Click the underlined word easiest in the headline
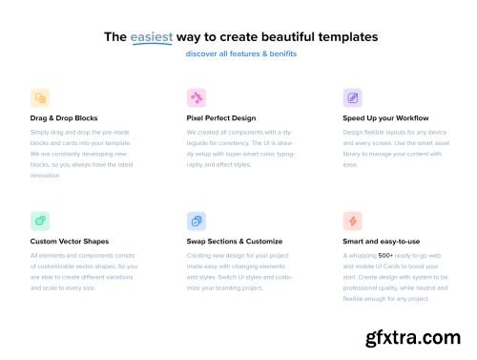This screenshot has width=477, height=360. point(153,37)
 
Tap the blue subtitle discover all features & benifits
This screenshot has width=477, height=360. point(240,53)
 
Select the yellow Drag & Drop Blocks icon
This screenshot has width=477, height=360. point(40,97)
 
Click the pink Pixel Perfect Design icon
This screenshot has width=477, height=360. point(197,97)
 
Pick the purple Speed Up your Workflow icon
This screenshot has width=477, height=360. point(352,97)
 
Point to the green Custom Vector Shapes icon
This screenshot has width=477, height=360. point(40,221)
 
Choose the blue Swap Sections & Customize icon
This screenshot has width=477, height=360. point(197,221)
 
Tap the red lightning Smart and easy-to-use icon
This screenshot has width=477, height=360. point(352,221)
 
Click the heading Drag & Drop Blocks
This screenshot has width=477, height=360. point(64,117)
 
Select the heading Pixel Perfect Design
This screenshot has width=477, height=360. point(222,117)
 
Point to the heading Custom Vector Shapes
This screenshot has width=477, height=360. point(69,242)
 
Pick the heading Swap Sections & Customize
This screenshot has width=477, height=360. point(235,242)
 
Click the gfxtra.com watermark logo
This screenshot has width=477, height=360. point(415,337)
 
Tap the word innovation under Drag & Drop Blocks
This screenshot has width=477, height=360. point(45,175)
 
